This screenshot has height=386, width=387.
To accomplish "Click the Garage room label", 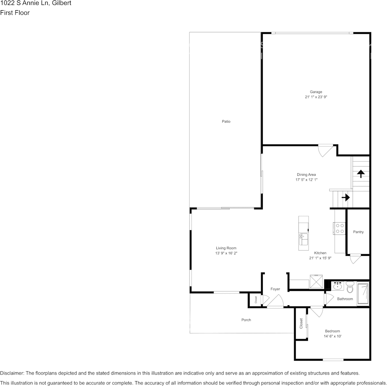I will (x=316, y=92).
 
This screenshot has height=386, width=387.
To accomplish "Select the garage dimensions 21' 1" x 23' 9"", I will (x=316, y=98).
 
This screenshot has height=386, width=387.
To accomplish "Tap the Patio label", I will (x=226, y=122).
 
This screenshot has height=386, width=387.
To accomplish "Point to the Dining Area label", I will (x=306, y=175).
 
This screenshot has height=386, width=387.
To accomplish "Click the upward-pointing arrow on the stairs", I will (x=361, y=173).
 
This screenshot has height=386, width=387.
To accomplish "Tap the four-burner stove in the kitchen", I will (x=339, y=228).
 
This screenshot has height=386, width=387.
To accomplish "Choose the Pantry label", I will (x=358, y=232).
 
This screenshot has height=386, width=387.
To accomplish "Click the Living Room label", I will (x=226, y=248).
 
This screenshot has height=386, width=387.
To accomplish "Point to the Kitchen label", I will (x=320, y=253).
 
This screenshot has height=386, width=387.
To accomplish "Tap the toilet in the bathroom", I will (x=350, y=288).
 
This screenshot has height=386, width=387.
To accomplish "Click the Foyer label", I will (x=275, y=289).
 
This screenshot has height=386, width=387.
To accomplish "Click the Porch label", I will (x=246, y=320).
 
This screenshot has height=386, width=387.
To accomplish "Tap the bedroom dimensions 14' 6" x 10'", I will (x=332, y=337).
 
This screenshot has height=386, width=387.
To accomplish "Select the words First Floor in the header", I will (x=15, y=13).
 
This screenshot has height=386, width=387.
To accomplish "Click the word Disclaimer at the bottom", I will (x=12, y=373).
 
